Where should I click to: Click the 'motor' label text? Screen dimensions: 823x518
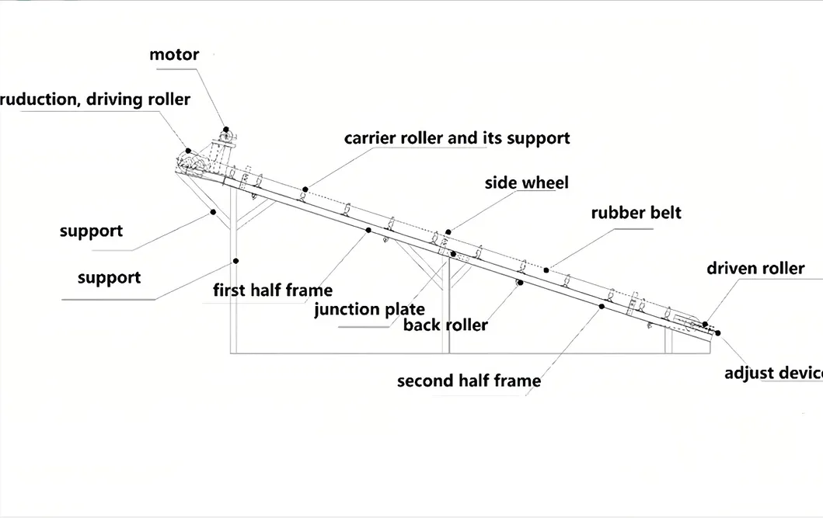(174, 54)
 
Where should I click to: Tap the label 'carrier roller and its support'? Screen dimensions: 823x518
(457, 138)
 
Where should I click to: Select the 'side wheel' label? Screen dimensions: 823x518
(526, 183)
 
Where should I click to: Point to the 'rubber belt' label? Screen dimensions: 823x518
(636, 212)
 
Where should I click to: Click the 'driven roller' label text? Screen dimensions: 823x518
(755, 269)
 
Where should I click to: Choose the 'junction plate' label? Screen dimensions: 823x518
(369, 309)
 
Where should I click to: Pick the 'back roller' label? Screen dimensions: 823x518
(445, 325)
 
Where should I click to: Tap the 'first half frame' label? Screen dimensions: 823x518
(273, 290)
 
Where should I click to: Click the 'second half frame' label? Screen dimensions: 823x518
(469, 381)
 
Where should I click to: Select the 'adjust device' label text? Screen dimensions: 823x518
(774, 374)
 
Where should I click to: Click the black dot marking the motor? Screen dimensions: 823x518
(226, 130)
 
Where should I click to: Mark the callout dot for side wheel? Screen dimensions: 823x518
(448, 231)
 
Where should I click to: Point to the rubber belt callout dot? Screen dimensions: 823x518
(546, 270)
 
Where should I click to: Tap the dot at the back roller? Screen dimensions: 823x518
(520, 283)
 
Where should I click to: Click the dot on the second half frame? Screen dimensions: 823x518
(602, 306)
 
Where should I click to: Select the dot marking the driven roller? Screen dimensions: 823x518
(706, 324)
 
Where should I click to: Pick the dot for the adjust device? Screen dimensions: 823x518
(718, 333)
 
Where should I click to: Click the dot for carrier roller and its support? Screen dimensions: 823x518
(305, 189)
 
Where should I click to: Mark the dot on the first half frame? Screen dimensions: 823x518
(368, 230)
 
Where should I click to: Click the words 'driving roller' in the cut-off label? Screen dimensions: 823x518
(138, 99)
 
